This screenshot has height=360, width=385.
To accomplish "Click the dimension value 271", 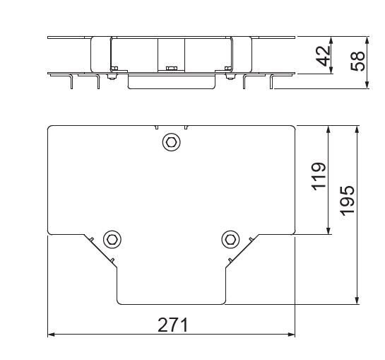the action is click(173, 325).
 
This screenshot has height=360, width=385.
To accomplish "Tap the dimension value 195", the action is click(347, 201).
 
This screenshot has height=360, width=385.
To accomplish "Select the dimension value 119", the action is click(319, 176).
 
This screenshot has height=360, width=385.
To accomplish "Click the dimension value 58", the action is click(357, 61).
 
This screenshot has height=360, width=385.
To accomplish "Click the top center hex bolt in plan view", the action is click(172, 142).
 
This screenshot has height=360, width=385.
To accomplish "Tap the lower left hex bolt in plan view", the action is click(112, 240).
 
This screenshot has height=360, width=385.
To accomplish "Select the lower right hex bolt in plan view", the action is click(230, 240).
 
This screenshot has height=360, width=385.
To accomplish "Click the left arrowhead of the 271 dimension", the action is click(51, 335).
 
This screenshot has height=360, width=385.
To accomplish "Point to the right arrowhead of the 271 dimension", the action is click(292, 335).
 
